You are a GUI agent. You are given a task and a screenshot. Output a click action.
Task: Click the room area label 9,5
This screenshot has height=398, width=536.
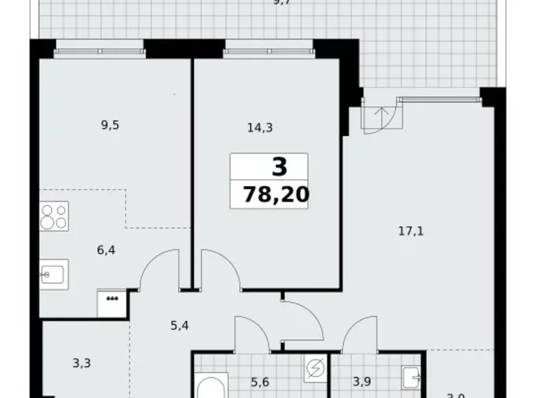110,125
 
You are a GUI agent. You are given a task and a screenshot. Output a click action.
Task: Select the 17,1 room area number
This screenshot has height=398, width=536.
411,231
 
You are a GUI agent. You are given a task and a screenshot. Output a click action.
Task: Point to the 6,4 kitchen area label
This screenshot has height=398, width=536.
106,250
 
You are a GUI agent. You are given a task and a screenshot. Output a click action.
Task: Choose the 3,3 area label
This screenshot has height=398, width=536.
81,364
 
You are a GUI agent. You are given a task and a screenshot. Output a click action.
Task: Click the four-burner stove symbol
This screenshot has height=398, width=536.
54,215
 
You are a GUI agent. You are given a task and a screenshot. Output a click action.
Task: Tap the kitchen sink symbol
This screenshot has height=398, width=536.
52,274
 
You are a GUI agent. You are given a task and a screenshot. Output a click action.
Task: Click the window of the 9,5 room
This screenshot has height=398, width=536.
99,50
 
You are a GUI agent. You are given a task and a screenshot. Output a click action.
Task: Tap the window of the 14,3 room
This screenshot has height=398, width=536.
268,50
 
